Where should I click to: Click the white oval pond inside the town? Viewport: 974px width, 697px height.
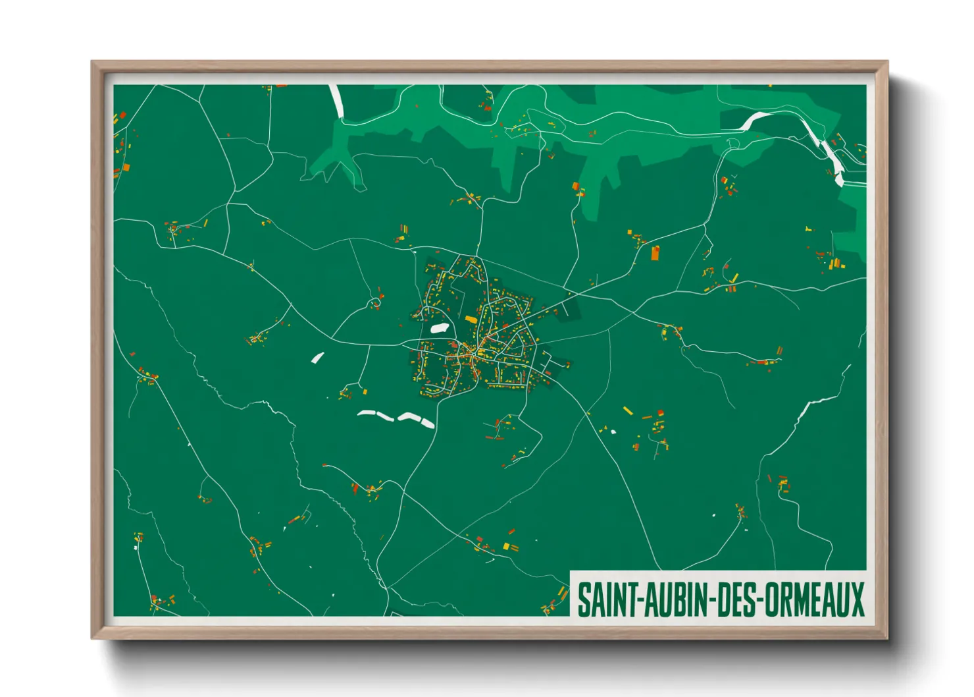click(439, 327)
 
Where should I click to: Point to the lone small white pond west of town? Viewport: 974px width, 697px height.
click(317, 358)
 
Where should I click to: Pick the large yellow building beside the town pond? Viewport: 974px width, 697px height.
click(471, 320)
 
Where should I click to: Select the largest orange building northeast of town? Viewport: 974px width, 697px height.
click(655, 252)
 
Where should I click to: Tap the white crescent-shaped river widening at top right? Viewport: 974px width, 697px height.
click(757, 119)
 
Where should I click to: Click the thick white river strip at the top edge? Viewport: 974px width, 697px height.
click(336, 100)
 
